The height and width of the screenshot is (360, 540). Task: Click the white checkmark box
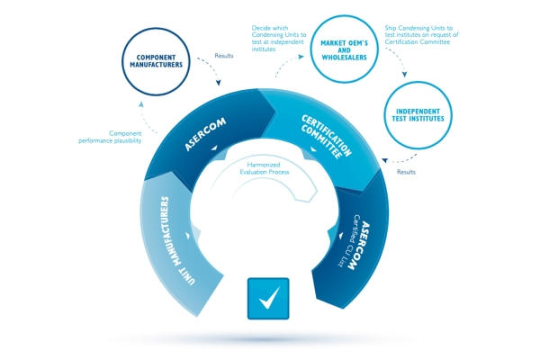pos(268,298)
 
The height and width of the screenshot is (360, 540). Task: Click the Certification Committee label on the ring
pos(327,137)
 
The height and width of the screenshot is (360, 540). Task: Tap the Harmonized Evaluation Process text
pos(264,168)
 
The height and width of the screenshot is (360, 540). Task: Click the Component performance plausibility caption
pos(110,137)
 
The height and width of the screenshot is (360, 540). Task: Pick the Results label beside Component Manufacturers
pos(224,56)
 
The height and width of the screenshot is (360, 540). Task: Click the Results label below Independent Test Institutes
pos(406,172)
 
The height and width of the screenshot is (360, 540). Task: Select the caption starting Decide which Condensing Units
pos(279,38)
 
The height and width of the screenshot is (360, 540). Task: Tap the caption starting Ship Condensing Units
pos(421,35)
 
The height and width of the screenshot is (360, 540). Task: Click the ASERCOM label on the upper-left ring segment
pos(205,134)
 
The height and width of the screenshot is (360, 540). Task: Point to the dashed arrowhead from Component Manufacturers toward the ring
pos(219,83)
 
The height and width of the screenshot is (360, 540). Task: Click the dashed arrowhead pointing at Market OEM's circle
pos(301,57)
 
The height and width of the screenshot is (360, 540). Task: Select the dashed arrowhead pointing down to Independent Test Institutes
pos(405,75)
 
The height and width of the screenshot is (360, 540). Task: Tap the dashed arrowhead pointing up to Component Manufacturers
pos(141,104)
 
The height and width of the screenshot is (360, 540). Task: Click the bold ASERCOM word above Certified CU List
pos(360,246)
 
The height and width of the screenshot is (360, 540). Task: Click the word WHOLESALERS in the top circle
pos(344,58)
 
